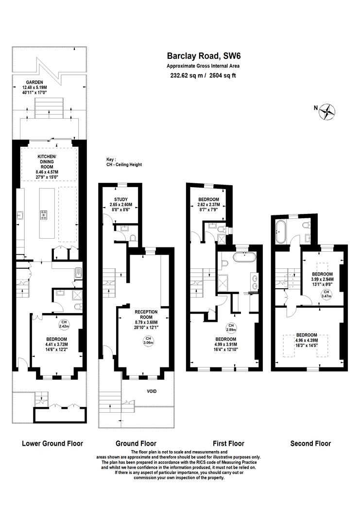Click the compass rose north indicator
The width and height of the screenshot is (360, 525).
point(327,112)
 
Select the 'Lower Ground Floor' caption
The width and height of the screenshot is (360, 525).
point(52,443)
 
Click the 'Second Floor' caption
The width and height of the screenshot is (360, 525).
point(310,443)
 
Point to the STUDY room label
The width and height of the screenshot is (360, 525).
point(121,199)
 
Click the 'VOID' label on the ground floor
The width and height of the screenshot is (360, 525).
point(152,391)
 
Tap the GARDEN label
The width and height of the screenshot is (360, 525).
point(34,82)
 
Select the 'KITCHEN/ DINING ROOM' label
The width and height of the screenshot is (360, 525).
point(47,162)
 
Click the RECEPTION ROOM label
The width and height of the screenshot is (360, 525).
point(146,315)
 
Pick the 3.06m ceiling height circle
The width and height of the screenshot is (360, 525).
point(148,340)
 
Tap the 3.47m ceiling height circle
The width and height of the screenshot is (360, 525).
point(326,294)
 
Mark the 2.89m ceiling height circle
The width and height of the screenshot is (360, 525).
point(231,328)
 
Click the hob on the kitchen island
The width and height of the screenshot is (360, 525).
point(44,215)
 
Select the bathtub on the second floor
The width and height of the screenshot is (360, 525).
point(280,232)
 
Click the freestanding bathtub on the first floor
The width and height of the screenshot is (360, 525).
point(244,258)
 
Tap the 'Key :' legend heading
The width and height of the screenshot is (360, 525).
point(111,159)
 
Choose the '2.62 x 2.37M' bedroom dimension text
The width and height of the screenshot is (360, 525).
point(208,205)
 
